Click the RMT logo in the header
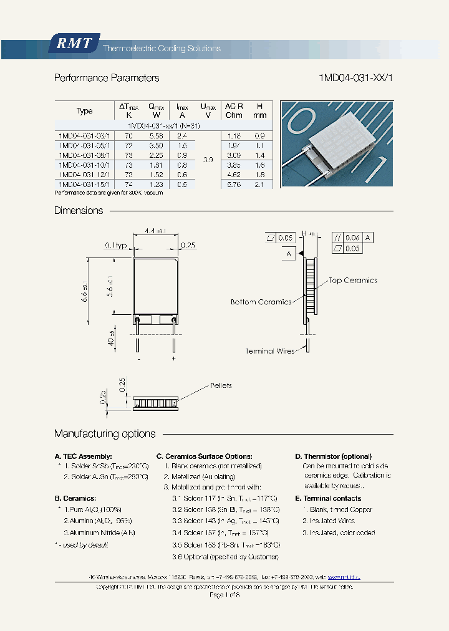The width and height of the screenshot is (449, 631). coord(74,43)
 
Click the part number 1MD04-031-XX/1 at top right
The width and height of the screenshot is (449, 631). coord(355,78)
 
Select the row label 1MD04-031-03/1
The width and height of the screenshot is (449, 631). coord(84,135)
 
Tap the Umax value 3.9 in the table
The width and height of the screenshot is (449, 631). coord(208,160)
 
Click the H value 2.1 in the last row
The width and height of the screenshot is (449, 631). coord(260,185)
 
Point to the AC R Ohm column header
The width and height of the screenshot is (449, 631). coord(234,110)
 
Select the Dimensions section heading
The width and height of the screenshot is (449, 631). coord(79,211)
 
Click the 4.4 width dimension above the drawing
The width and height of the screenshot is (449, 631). coord(152,231)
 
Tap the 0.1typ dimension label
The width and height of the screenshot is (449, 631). coord(117,246)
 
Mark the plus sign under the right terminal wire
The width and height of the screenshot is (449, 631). coord(173,359)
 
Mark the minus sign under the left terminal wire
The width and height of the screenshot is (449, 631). coord(138,359)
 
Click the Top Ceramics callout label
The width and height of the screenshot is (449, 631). coord(352,281)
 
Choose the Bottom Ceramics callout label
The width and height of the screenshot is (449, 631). coord(261,302)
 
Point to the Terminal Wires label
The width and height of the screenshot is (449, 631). coord(269,351)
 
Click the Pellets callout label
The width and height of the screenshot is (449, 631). coord(221,385)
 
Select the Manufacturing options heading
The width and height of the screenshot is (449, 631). coord(105,433)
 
